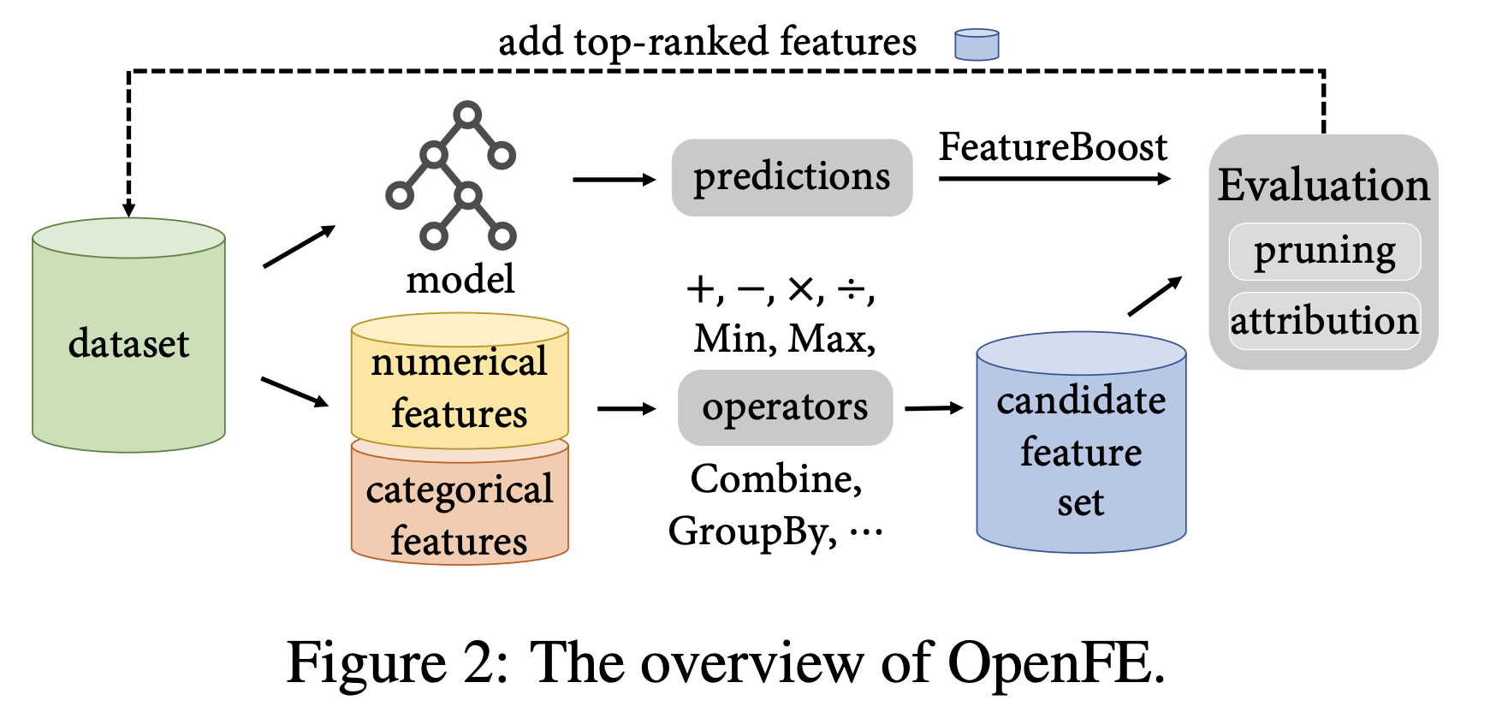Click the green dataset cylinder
pyautogui.click(x=128, y=342)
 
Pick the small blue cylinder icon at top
pyautogui.click(x=977, y=45)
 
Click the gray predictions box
pyautogui.click(x=792, y=177)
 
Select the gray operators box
pyautogui.click(x=785, y=407)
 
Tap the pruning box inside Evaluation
pyautogui.click(x=1324, y=252)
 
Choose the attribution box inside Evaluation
pyautogui.click(x=1324, y=321)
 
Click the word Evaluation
pyautogui.click(x=1323, y=185)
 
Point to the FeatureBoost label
pyautogui.click(x=1053, y=147)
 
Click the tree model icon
pyautogui.click(x=452, y=175)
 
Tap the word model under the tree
pyautogui.click(x=460, y=279)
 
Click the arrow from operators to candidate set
pyautogui.click(x=934, y=408)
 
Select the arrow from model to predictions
pyautogui.click(x=614, y=180)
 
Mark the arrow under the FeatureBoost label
pyautogui.click(x=1054, y=178)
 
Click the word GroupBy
pyautogui.click(x=751, y=531)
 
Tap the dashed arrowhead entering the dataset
pyautogui.click(x=128, y=210)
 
